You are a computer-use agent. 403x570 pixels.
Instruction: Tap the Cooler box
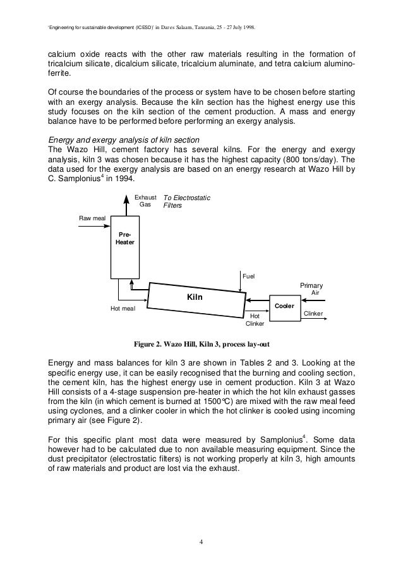coord(284,306)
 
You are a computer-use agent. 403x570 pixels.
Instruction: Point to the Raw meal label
coord(92,218)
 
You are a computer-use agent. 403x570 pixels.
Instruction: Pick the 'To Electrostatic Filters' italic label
coord(187,201)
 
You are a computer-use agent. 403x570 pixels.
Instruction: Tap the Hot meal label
coord(123,309)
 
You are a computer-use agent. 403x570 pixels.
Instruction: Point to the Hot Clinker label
coord(255,319)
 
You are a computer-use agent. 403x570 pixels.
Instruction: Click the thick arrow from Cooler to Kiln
coord(259,300)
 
